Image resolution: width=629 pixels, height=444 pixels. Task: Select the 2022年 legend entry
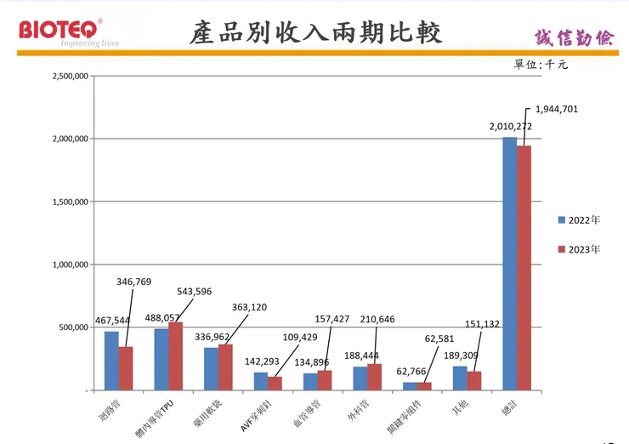point(580,219)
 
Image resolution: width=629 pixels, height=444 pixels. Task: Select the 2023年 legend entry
point(580,249)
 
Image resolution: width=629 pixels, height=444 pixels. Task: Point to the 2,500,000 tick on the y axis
point(71,76)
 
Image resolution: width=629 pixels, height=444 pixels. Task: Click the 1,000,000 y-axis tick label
point(71,265)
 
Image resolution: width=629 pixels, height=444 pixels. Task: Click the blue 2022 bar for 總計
point(509,264)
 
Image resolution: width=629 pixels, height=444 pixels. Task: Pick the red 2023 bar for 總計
point(524,268)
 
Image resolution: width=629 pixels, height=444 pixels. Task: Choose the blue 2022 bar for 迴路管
point(111,361)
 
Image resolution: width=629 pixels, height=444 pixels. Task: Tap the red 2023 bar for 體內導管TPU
point(175,356)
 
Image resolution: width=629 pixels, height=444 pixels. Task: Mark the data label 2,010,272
point(510,127)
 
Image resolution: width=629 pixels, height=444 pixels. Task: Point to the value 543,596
point(195,291)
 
